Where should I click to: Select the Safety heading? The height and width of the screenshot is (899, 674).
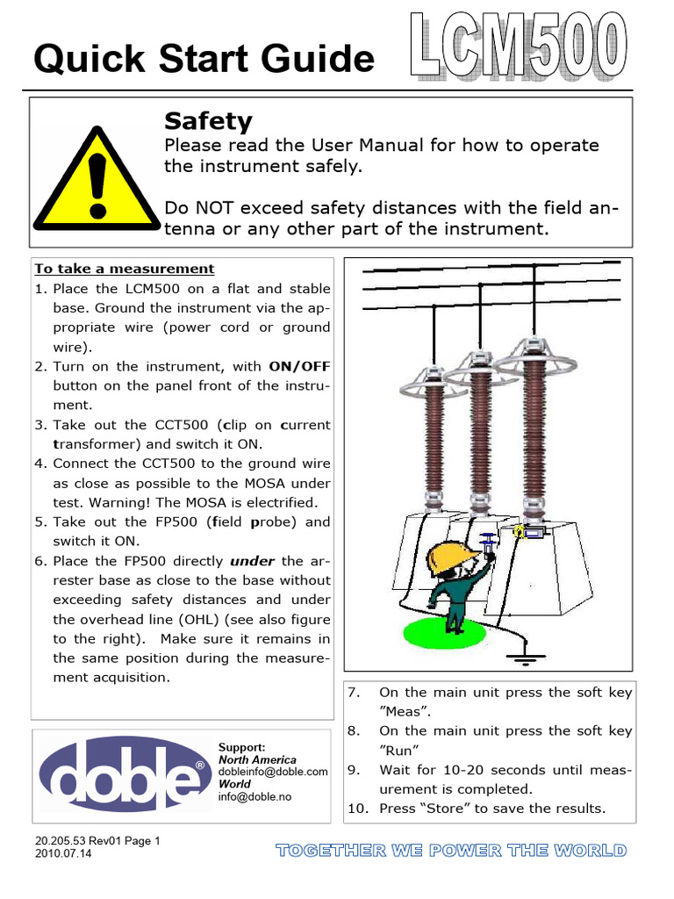(208, 120)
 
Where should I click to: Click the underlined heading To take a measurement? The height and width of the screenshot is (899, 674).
(124, 269)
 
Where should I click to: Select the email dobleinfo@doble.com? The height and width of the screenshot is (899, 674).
(273, 772)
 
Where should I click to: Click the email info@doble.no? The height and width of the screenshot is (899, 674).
(255, 796)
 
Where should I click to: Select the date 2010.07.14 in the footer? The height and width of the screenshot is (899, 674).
(70, 853)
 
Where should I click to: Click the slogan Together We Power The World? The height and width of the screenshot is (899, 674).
(451, 850)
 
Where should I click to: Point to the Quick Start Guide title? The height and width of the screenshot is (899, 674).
(204, 59)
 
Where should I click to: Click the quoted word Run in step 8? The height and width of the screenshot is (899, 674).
(398, 751)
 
